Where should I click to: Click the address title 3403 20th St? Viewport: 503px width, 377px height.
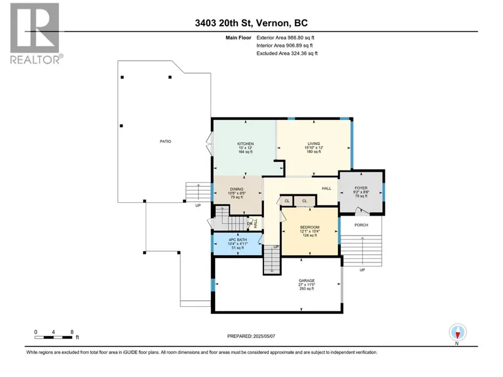[224, 23]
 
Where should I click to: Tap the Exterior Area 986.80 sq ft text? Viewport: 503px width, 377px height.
[285, 38]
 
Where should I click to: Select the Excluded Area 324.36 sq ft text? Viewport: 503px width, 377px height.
[287, 54]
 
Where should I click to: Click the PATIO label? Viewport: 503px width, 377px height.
[165, 141]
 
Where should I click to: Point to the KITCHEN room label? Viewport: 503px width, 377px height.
[246, 144]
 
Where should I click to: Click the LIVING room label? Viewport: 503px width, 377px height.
[314, 144]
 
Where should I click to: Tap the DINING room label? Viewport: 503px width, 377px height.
[237, 189]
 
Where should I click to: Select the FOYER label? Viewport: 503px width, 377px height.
[361, 188]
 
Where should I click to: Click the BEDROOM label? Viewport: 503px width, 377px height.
[310, 227]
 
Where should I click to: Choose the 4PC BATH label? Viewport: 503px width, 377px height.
[238, 240]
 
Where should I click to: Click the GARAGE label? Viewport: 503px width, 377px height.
[307, 281]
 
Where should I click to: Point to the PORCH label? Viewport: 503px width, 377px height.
[361, 225]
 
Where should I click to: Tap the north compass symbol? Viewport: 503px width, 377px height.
[458, 333]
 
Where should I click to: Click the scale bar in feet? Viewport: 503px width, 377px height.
[53, 337]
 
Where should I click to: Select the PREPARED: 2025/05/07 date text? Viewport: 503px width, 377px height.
[251, 336]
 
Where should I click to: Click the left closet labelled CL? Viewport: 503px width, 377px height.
[287, 201]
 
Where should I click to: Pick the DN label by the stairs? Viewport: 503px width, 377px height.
[249, 224]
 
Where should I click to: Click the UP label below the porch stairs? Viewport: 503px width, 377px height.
[362, 270]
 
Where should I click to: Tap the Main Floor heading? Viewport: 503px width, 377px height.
[238, 38]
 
